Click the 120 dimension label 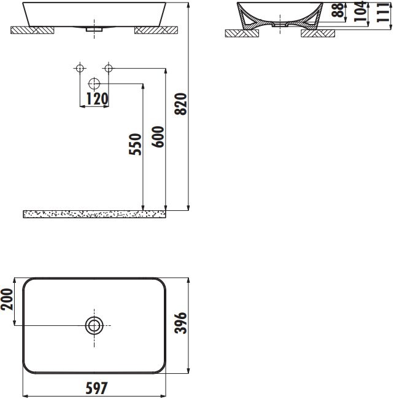click(x=97, y=98)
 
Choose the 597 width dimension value click(x=96, y=389)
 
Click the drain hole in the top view click(x=94, y=325)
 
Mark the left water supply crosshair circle click(x=79, y=68)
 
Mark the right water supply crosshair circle click(x=109, y=68)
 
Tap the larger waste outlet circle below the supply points click(x=94, y=84)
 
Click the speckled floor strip click(x=95, y=214)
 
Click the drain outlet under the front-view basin click(x=94, y=28)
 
